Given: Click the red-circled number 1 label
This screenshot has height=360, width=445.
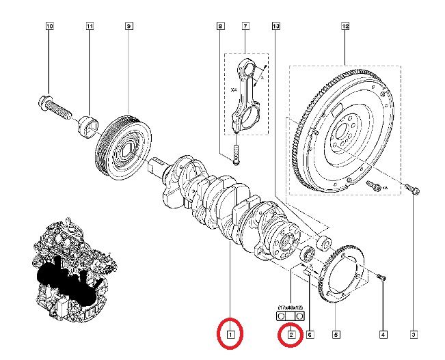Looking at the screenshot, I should [x=231, y=335].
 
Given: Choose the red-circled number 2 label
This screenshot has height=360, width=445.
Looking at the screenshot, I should [x=291, y=335].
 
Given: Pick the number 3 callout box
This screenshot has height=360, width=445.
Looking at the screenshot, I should [x=414, y=335].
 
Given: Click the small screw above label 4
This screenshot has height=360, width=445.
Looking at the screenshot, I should [x=381, y=277].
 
